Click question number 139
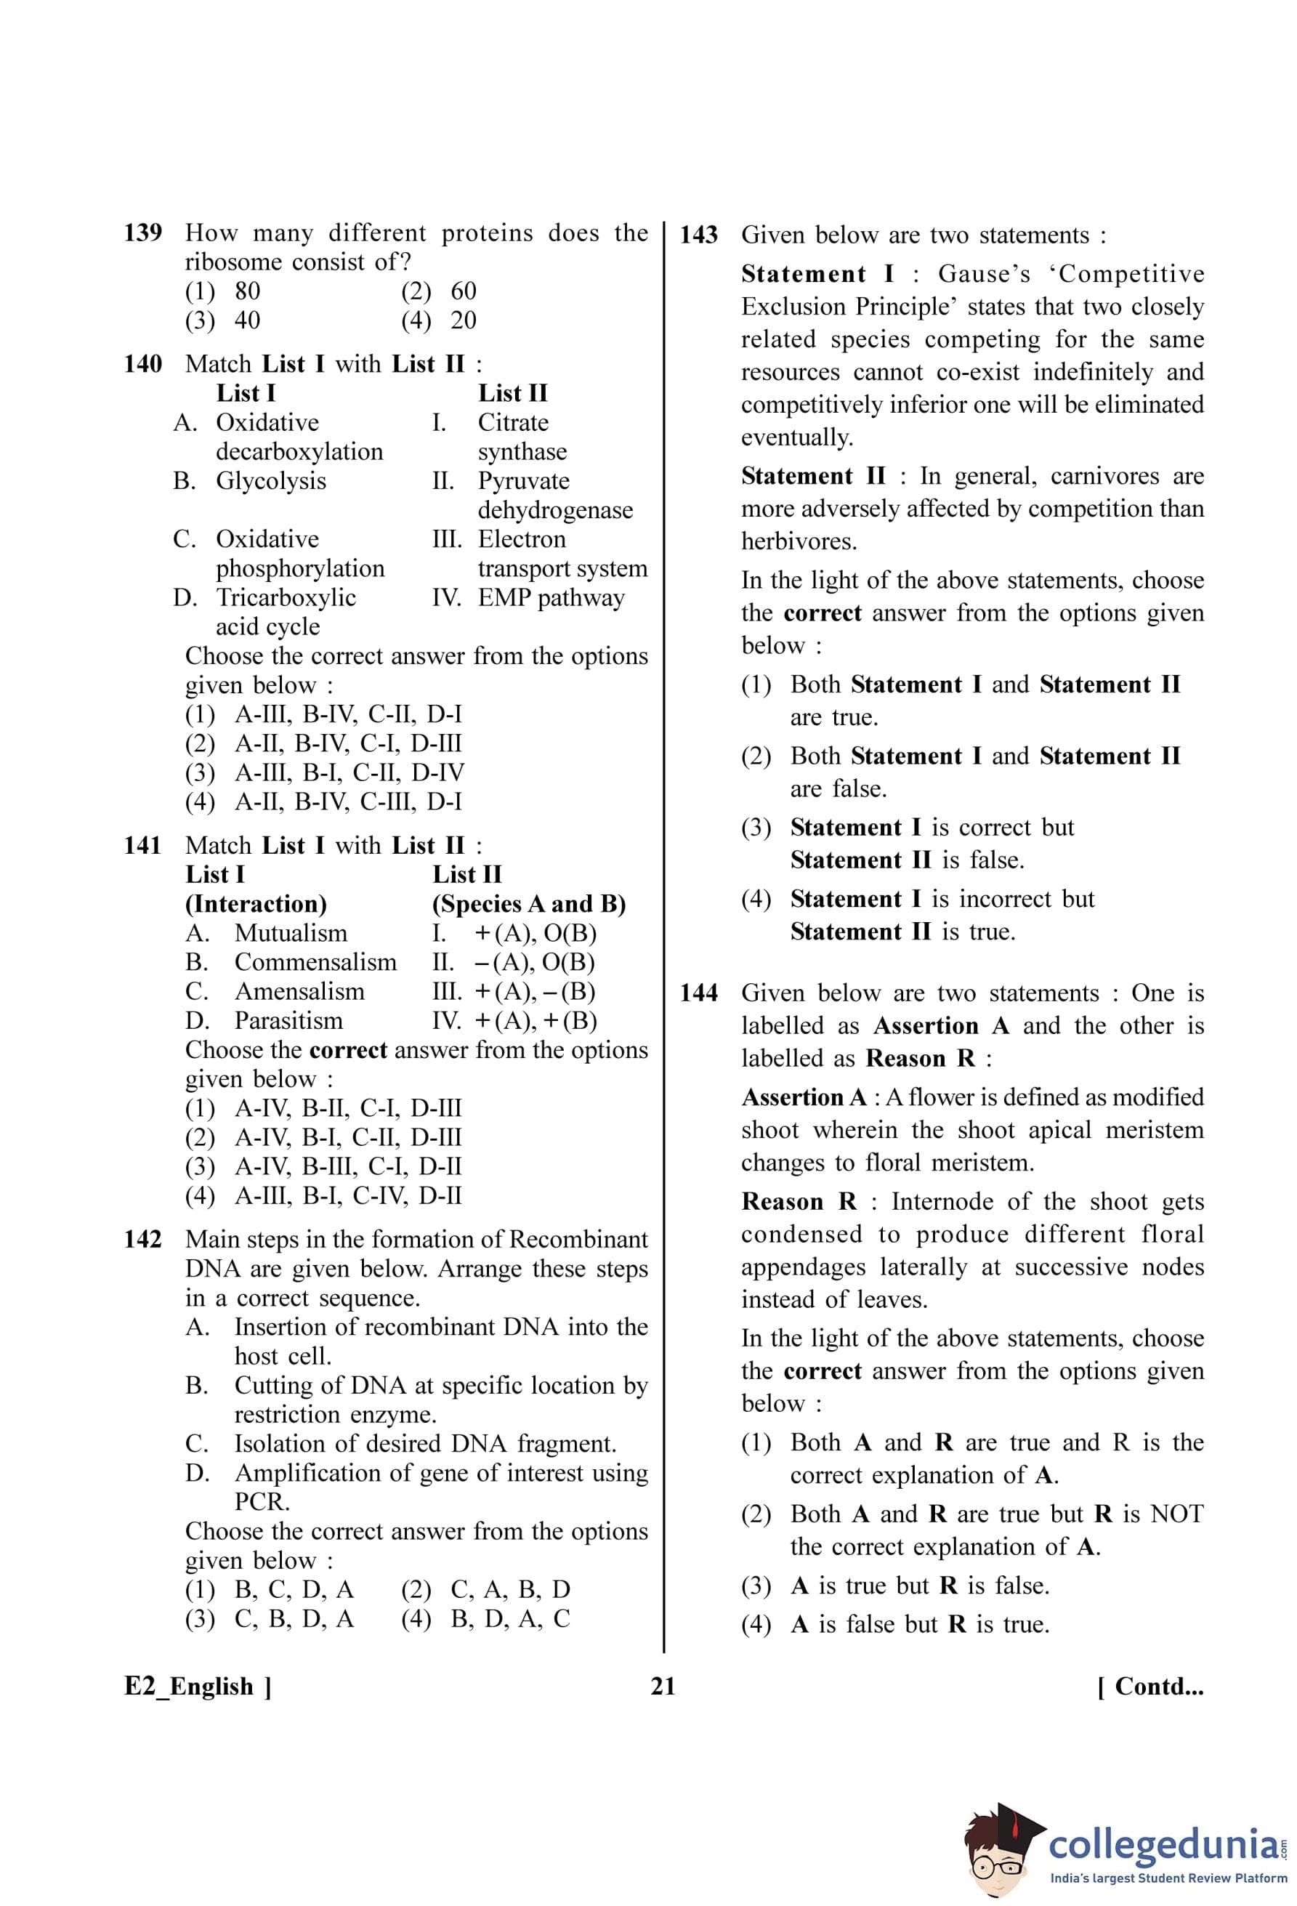(142, 233)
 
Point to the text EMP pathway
(551, 597)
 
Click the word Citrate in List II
(513, 422)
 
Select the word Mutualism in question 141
(290, 933)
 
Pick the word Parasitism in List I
(288, 1020)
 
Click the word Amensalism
(299, 992)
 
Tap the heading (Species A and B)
(529, 904)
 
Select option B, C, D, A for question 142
(294, 1589)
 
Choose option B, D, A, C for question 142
(510, 1619)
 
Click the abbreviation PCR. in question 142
(262, 1502)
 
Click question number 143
(698, 235)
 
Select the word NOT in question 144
(1177, 1514)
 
